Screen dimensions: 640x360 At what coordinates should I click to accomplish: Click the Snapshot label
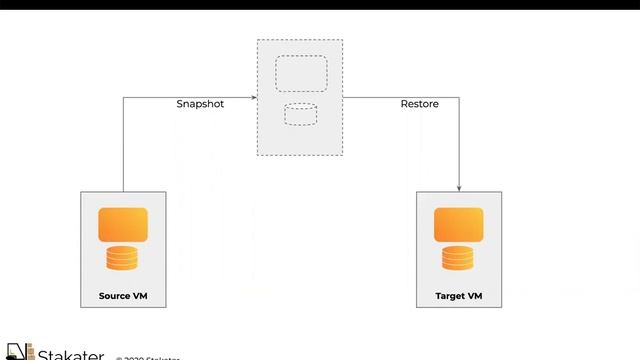(200, 104)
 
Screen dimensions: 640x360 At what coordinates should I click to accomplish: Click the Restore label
(419, 104)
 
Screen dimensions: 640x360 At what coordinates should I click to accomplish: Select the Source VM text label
(123, 296)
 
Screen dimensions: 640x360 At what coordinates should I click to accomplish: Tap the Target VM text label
(459, 296)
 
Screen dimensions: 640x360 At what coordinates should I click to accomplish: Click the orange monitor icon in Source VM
(123, 224)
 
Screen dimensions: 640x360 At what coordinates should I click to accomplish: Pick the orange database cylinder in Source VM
(123, 258)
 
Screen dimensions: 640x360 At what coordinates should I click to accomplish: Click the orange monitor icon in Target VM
(459, 224)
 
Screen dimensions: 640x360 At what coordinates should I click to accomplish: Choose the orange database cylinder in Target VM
(459, 258)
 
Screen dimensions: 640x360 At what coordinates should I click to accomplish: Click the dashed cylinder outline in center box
(300, 113)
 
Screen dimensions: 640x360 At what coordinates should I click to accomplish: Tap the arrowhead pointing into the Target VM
(459, 187)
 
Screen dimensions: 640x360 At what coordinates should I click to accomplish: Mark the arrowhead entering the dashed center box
(253, 97)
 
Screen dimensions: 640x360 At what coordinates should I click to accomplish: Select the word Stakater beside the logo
(70, 354)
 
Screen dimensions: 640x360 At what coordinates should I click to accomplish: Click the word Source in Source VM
(114, 296)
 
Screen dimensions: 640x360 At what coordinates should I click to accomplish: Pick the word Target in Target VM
(450, 296)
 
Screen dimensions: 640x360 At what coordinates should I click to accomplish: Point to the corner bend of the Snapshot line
(123, 97)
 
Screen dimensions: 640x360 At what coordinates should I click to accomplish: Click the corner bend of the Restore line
(459, 97)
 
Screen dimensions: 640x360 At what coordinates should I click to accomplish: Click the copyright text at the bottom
(150, 357)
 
